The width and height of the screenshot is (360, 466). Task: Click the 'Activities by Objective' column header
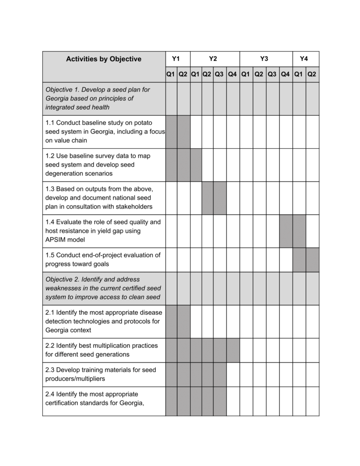[x=103, y=59]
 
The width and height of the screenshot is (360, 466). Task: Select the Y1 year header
[x=177, y=59]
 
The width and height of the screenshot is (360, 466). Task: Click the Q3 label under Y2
[x=219, y=74]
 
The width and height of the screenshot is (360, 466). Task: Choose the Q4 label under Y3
[x=285, y=74]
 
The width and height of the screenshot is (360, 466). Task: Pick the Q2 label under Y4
[x=312, y=74]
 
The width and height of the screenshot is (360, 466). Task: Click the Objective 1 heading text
[x=97, y=98]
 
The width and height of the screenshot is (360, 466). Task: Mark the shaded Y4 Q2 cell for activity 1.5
[x=312, y=260]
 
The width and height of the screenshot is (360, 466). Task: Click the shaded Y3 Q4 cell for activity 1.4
[x=285, y=231]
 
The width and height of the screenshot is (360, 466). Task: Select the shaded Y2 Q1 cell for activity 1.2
[x=196, y=165]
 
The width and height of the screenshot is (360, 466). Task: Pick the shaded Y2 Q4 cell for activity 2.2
[x=233, y=350]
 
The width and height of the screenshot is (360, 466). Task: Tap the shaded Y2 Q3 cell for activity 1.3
[x=219, y=198]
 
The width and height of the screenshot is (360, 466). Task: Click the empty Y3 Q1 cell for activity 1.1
[x=246, y=132]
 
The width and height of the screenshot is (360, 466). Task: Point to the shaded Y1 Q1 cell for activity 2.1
[x=171, y=321]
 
